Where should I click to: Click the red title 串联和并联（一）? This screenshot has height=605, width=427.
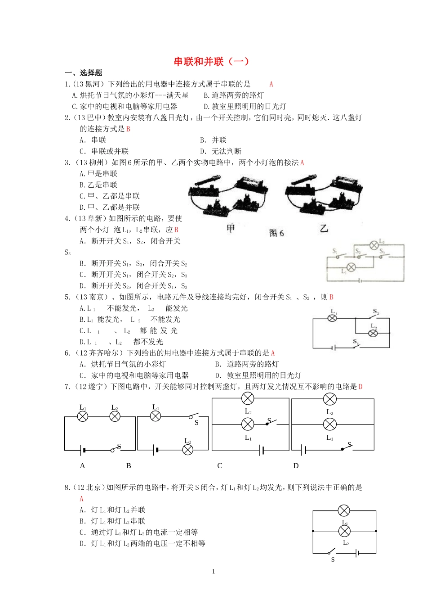click(211, 62)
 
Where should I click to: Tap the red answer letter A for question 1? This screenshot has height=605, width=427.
click(271, 84)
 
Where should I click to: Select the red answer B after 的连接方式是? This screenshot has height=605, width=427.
click(128, 129)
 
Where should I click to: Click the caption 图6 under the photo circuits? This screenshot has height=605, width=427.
click(276, 233)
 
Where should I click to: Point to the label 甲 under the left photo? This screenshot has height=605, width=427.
click(231, 228)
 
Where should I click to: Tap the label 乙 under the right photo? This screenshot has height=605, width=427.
click(324, 228)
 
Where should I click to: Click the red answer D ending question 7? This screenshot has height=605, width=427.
click(360, 387)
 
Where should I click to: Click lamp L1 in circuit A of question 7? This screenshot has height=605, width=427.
click(83, 416)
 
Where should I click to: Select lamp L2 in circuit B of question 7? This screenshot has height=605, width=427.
click(188, 449)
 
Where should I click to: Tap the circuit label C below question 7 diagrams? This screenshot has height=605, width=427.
click(220, 466)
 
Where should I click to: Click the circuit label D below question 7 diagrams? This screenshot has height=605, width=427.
click(296, 466)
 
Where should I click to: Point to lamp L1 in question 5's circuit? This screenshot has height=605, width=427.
click(333, 318)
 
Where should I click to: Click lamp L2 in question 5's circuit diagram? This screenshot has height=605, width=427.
click(373, 333)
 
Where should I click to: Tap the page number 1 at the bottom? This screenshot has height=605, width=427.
click(213, 571)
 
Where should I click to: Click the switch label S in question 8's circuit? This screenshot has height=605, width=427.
click(333, 560)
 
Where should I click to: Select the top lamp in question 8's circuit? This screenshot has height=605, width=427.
click(344, 510)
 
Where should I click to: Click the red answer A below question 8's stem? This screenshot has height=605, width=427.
click(81, 499)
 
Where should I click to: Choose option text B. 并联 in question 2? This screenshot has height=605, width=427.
click(213, 140)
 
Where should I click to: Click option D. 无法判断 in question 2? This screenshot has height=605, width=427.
click(221, 152)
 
